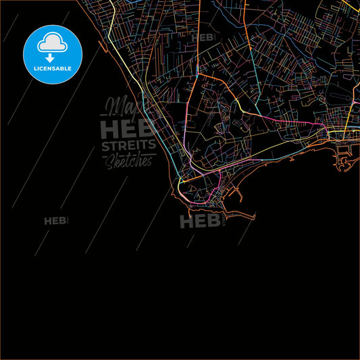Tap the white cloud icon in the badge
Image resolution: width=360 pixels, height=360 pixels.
52,41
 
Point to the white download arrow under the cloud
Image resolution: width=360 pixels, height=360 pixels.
52,56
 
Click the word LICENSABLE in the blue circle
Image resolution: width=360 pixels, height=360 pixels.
52,68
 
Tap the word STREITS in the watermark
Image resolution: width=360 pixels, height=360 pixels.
128,146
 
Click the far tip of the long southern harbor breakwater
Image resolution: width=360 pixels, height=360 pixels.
255,215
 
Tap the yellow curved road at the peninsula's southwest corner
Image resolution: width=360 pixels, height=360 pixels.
180,182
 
